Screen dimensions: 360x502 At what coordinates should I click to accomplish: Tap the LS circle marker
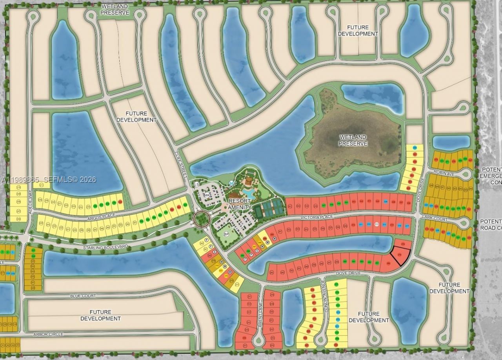(x=196, y=184)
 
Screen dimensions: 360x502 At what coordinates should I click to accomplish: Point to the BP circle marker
(x=226, y=234)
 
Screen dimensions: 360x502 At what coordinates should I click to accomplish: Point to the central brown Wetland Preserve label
(x=353, y=140)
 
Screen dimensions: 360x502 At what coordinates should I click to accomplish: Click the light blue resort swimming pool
(x=248, y=193)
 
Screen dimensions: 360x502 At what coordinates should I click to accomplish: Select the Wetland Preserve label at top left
(x=115, y=9)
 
